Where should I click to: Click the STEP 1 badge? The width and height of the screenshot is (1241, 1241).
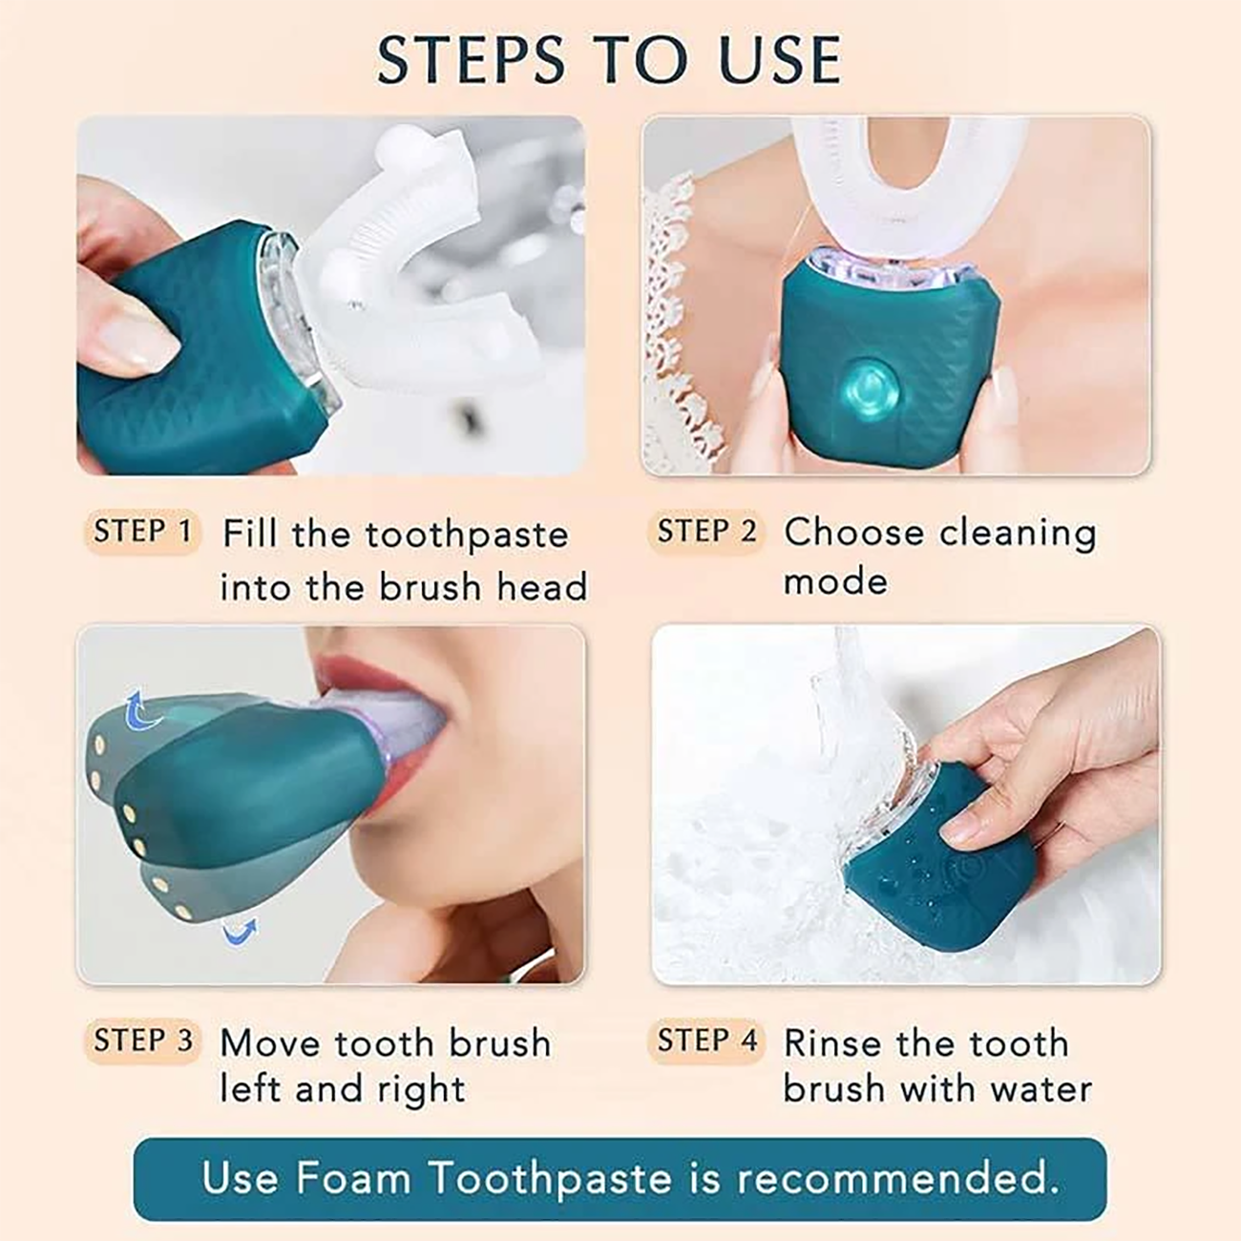click(x=142, y=532)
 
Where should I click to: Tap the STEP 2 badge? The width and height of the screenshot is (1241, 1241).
click(x=705, y=532)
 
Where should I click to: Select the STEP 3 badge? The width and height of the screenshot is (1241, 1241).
click(x=142, y=1041)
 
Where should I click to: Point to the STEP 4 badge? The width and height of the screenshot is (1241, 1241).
click(x=705, y=1041)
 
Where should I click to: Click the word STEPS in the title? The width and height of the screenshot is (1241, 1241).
click(x=471, y=60)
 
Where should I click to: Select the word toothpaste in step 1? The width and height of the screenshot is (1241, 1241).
click(x=467, y=536)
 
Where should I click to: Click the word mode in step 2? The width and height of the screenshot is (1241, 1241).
click(x=835, y=582)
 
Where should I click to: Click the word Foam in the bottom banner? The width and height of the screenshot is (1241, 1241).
click(x=353, y=1177)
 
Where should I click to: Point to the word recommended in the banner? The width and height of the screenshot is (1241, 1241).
click(x=897, y=1177)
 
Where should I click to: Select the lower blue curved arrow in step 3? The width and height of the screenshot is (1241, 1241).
click(x=240, y=932)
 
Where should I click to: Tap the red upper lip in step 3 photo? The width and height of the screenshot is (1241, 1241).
click(x=361, y=665)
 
